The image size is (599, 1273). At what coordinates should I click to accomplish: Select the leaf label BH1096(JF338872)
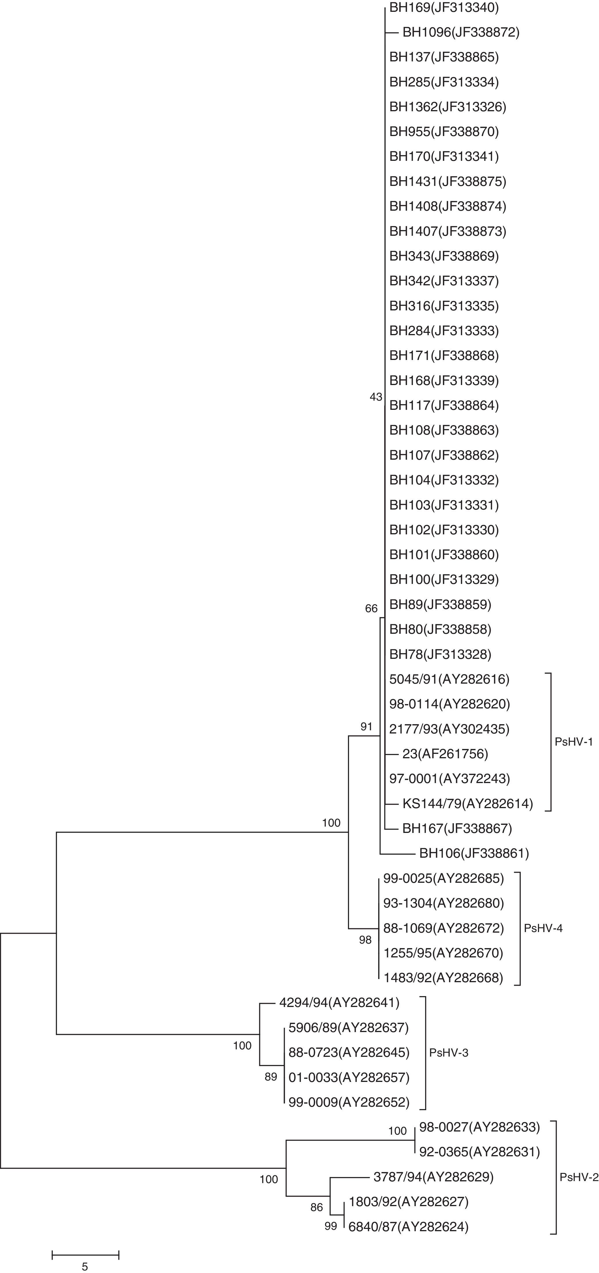[x=461, y=33]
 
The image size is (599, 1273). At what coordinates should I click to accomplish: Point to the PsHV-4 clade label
[x=543, y=928]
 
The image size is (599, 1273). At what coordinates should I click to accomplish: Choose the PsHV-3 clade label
[x=448, y=1053]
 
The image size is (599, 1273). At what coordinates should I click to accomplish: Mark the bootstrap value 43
[x=376, y=397]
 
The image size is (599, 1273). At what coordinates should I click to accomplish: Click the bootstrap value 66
[x=371, y=609]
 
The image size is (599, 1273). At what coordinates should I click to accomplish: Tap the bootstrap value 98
[x=365, y=940]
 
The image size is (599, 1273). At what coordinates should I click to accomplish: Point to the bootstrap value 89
[x=271, y=1077]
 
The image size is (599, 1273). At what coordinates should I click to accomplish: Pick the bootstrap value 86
[x=316, y=1207]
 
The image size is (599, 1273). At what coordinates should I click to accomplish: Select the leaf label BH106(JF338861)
[x=473, y=853]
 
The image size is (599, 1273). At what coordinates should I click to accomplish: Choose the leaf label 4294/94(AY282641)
[x=339, y=1003]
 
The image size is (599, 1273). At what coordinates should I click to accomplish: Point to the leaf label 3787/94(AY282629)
[x=433, y=1177]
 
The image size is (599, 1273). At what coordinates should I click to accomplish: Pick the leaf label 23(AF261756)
[x=445, y=754]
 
